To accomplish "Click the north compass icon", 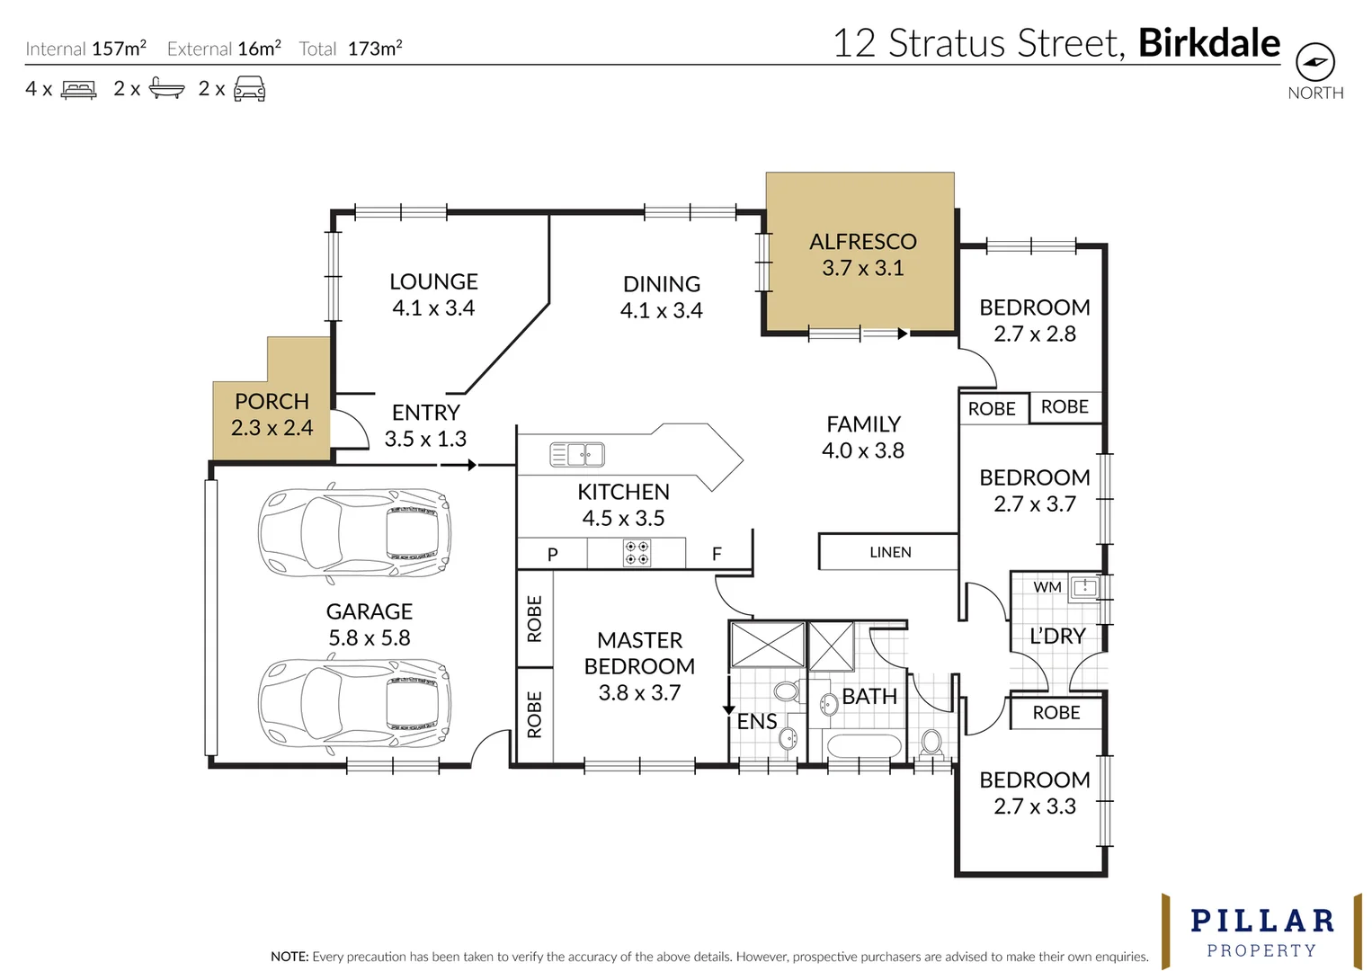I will pos(1314,63).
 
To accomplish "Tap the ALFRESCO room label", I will pos(862,242).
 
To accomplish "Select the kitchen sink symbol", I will pos(577,455).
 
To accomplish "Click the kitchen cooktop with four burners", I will pos(637,553).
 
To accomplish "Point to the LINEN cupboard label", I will pos(890,552).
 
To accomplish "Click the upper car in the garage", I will pos(354,532).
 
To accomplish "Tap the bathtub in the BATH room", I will pos(862,746).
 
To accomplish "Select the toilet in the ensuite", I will pos(787,691).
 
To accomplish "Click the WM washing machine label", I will pos(1047,587).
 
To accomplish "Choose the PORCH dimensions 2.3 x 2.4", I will pos(272,428).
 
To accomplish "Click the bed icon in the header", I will pos(78,89).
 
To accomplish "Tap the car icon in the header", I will pos(249,89).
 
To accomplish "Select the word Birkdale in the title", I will pos(1208,43).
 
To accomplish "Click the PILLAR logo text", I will pos(1261,921).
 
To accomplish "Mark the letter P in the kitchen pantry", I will pos(552,555).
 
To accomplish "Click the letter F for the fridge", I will pos(717,554).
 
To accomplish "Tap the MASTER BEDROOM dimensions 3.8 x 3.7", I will pos(639,692).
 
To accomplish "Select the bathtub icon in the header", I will pos(166,89).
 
